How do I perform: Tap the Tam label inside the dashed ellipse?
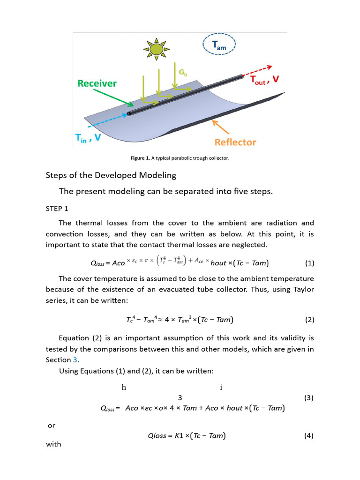tap(219, 45)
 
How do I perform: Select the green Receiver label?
tap(97, 83)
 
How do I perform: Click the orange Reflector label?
tap(235, 142)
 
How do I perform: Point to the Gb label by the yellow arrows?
tap(183, 73)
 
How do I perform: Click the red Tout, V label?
tap(265, 81)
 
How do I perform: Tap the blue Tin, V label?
tap(88, 138)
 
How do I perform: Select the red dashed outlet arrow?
tap(257, 70)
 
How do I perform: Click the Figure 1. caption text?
tap(180, 158)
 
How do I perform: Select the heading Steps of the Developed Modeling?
tap(111, 175)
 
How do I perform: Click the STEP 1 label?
tap(57, 208)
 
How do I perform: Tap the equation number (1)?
tap(309, 263)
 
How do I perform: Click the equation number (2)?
tap(309, 320)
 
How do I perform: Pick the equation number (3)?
tap(308, 398)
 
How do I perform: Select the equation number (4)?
tap(309, 435)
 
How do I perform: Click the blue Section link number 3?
tap(75, 360)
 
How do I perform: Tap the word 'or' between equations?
tap(52, 426)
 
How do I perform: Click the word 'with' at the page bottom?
tap(53, 444)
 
